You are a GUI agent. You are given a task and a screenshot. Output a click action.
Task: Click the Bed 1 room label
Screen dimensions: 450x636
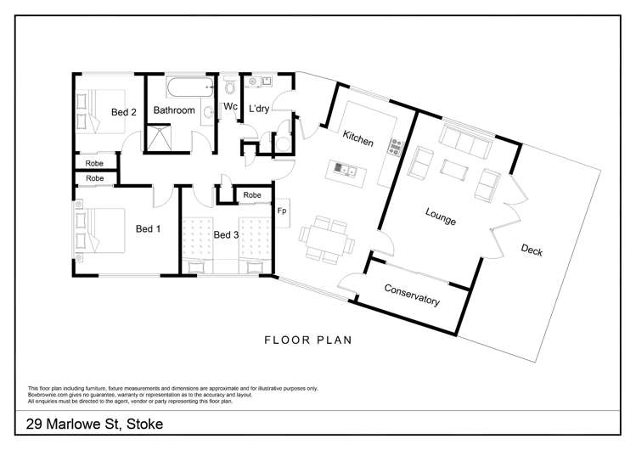148,228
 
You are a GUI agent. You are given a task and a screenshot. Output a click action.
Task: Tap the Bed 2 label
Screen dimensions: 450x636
123,111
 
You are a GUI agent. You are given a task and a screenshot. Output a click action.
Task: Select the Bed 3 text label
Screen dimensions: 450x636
227,235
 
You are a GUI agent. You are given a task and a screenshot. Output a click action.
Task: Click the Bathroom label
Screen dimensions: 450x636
173,110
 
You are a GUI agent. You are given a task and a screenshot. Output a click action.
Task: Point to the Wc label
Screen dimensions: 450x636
230,107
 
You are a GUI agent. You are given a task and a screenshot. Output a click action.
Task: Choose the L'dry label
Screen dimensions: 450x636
260,108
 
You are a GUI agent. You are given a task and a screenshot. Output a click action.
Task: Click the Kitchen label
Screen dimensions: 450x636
357,138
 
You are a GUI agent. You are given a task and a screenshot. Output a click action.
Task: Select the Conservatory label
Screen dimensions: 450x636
412,295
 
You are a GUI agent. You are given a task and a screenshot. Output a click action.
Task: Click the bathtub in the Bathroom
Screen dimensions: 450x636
188,87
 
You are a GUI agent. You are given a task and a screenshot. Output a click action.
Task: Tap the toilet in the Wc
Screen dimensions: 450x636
230,87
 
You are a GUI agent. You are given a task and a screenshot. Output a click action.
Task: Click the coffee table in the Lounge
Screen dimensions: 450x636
454,170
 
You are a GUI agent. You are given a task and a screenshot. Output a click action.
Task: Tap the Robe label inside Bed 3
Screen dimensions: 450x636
251,195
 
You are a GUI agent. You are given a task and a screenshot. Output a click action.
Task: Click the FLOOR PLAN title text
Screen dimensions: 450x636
308,341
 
